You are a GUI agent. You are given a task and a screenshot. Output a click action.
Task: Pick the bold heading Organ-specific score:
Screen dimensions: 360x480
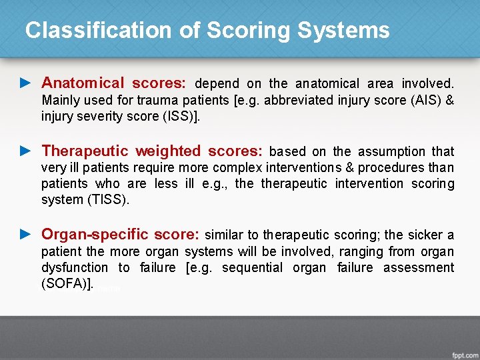click(x=121, y=235)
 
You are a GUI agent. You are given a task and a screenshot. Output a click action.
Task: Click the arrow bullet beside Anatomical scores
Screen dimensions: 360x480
click(x=26, y=83)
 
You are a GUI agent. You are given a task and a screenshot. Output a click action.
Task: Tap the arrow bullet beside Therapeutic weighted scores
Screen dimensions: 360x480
click(x=26, y=151)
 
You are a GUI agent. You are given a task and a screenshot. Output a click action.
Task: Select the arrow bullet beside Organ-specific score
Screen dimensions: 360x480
click(x=26, y=235)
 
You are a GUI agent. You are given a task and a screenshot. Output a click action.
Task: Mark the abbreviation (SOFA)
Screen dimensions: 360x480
click(x=65, y=284)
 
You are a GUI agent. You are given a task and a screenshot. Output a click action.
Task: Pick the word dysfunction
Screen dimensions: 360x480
click(x=75, y=267)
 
